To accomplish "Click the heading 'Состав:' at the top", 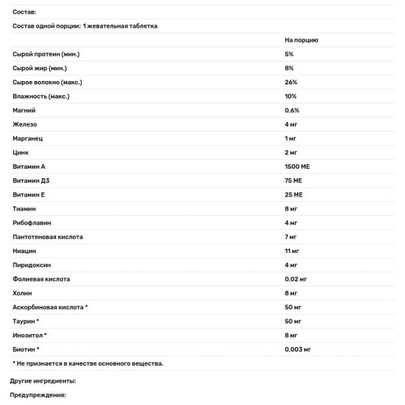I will tap(25, 12).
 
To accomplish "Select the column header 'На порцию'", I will tap(301, 40).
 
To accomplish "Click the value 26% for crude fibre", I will tap(291, 82).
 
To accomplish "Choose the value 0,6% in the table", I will tap(292, 110).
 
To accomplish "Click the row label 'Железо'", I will tap(25, 124).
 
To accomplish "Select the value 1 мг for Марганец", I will tap(292, 138).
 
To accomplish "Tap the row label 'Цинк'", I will tap(22, 153).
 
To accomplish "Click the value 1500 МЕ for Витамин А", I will tap(297, 166).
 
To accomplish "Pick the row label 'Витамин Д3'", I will tap(32, 180).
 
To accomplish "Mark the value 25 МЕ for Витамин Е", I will tap(294, 194).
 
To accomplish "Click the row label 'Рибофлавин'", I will tap(32, 223).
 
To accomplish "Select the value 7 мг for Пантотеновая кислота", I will tap(291, 237).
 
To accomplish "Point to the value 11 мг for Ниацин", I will tap(292, 251).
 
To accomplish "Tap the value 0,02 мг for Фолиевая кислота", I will tap(297, 279).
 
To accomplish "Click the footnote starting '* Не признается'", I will tap(88, 363).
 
